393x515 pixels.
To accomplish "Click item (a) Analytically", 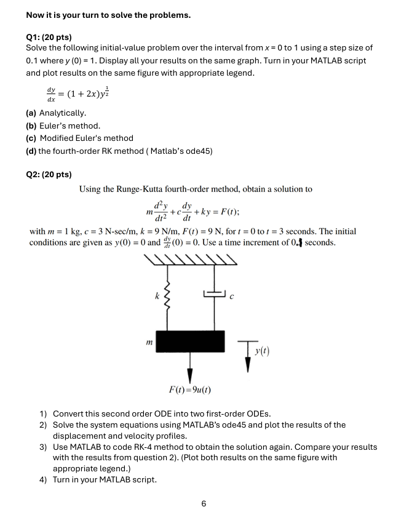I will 56,113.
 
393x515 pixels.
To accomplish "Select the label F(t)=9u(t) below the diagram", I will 191,390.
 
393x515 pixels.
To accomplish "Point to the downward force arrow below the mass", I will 190,367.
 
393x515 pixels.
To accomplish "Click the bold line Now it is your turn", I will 108,15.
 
